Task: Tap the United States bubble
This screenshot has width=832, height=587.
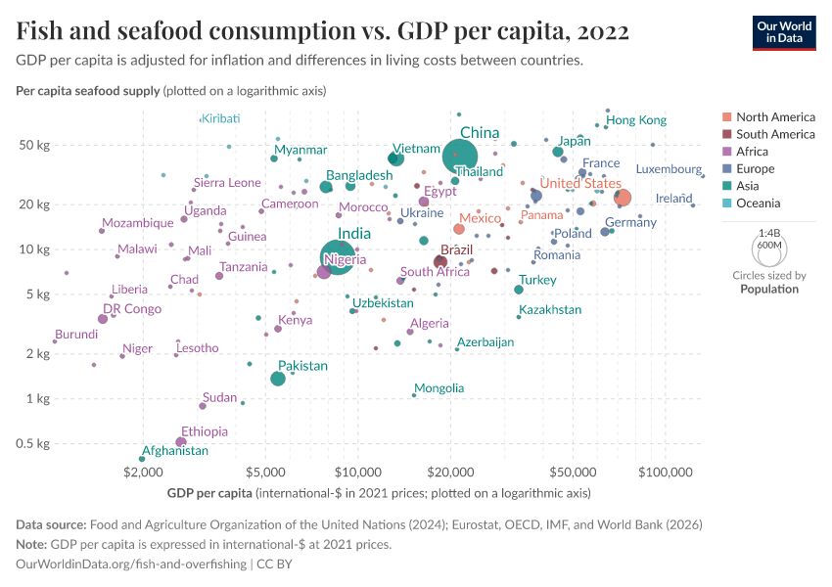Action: coord(623,198)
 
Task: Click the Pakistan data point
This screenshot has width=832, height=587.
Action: coord(278,379)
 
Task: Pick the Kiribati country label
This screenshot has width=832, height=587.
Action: coord(220,118)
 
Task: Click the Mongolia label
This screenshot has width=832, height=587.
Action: coord(439,388)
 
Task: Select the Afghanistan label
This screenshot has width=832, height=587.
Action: coord(175,451)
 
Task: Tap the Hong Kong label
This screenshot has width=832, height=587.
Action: coord(636,120)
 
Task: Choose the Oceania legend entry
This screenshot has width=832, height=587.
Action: coord(758,203)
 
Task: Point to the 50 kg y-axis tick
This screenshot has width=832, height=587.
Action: coord(35,146)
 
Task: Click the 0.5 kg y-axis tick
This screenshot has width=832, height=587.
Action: coord(32,444)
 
